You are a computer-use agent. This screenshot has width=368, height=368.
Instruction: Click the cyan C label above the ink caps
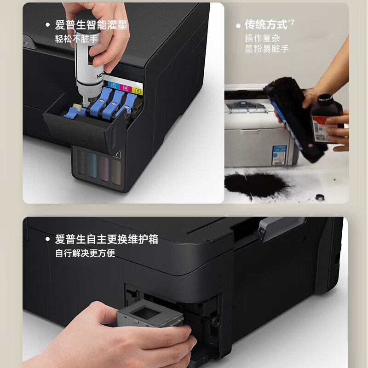click(x=113, y=85)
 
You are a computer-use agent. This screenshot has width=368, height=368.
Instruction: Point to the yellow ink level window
click(x=117, y=171)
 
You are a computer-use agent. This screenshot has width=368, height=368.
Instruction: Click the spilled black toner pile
click(x=256, y=184)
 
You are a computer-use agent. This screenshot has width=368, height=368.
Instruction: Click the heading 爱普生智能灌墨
click(x=91, y=25)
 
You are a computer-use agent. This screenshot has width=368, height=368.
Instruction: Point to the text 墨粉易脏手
click(x=267, y=49)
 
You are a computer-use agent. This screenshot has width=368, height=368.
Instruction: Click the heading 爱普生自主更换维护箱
click(x=106, y=239)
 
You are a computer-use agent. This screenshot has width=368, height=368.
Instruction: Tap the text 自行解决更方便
click(x=85, y=253)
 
